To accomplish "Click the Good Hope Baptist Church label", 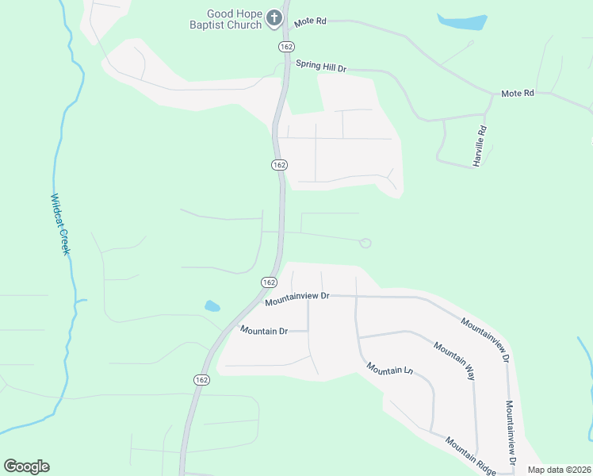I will (x=234, y=19).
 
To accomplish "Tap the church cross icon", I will (x=274, y=18).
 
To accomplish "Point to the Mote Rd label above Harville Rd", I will (x=518, y=94).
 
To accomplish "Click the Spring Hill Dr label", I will (x=321, y=67).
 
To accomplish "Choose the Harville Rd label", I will (x=479, y=145).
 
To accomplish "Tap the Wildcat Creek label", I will (x=61, y=224).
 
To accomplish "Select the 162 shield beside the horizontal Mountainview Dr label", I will (x=268, y=282).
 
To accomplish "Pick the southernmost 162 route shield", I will (x=201, y=381).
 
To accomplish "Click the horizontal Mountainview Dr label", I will (x=296, y=298).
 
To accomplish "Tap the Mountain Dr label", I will (x=264, y=330).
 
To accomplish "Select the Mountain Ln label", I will (x=390, y=370).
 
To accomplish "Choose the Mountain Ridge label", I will (x=469, y=455).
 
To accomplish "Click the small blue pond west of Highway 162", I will (x=212, y=305).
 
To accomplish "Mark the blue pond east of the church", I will (x=461, y=21).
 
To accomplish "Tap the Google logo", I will (x=26, y=466).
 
